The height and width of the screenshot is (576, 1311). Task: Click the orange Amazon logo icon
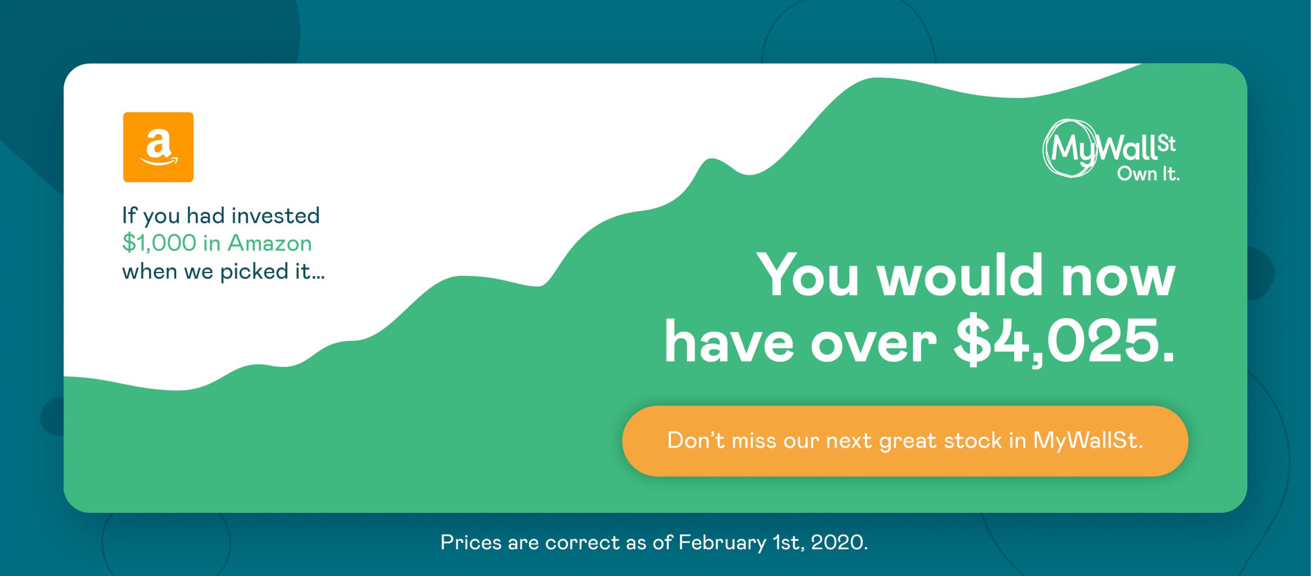pyautogui.click(x=158, y=147)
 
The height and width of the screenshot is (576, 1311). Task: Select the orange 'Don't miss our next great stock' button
pyautogui.click(x=905, y=441)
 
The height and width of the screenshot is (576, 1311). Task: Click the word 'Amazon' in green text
pyautogui.click(x=270, y=243)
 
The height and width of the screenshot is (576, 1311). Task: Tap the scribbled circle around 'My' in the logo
pyautogui.click(x=1070, y=148)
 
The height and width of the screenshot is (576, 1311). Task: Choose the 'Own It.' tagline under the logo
pyautogui.click(x=1148, y=173)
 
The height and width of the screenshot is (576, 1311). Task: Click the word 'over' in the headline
pyautogui.click(x=874, y=345)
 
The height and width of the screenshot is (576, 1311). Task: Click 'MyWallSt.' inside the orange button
pyautogui.click(x=1088, y=441)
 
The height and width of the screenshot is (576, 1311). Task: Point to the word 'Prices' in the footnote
pyautogui.click(x=471, y=542)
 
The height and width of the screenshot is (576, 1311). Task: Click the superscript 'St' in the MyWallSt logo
pyautogui.click(x=1166, y=144)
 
